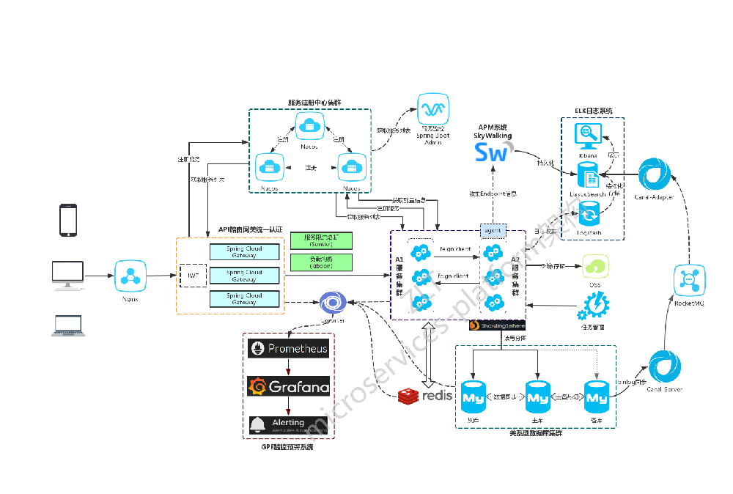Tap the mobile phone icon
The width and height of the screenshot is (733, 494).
pyautogui.click(x=68, y=220)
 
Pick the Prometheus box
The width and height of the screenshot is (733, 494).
pyautogui.click(x=289, y=349)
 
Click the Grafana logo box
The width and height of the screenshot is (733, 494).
pyautogui.click(x=289, y=386)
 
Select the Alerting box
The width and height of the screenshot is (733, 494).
pyautogui.click(x=289, y=424)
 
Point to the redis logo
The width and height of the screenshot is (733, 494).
pyautogui.click(x=424, y=397)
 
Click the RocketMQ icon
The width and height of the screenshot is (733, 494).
pyautogui.click(x=689, y=279)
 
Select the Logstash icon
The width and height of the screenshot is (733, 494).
pyautogui.click(x=589, y=215)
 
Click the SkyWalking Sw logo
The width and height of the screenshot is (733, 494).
pyautogui.click(x=491, y=152)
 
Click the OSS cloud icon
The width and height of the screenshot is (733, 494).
pyautogui.click(x=595, y=266)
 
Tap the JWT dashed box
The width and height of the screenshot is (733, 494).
pyautogui.click(x=194, y=276)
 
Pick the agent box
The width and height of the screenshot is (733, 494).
pyautogui.click(x=493, y=230)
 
